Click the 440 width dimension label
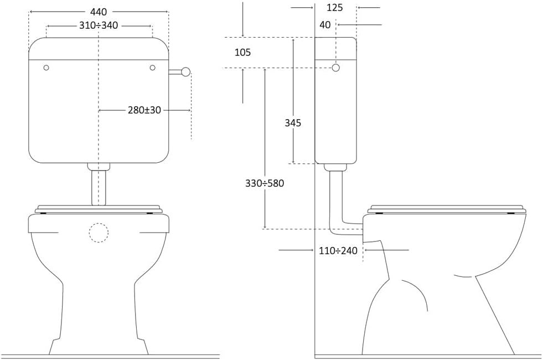(x=99, y=12)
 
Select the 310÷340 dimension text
(x=99, y=25)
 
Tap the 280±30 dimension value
(x=144, y=110)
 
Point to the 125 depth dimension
(x=334, y=7)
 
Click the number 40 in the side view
(x=325, y=24)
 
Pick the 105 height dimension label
(x=243, y=52)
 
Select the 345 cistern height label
(x=293, y=122)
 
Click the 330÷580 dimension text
(x=265, y=183)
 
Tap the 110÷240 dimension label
(x=338, y=250)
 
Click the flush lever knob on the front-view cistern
(x=186, y=71)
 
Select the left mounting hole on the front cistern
(x=46, y=68)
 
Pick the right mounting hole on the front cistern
(x=152, y=68)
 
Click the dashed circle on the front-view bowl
(x=99, y=233)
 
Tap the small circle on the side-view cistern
(x=335, y=68)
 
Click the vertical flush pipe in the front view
(x=99, y=187)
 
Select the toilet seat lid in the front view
(x=99, y=209)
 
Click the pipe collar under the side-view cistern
(x=335, y=167)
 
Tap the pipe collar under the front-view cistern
(x=99, y=167)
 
